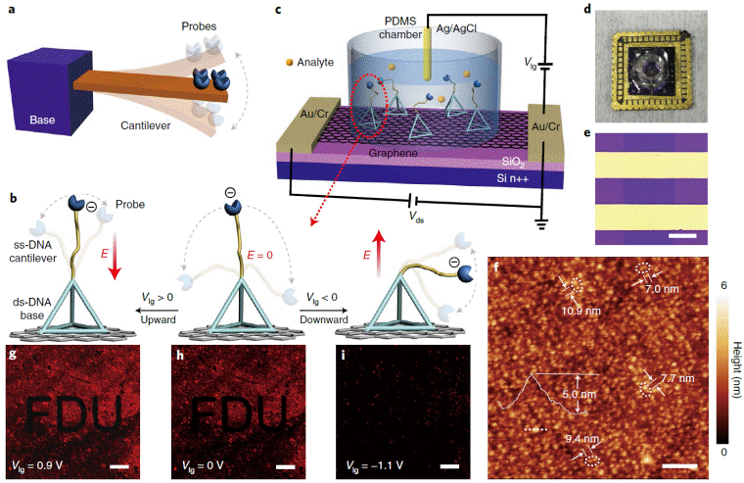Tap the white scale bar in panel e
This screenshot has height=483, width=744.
point(683,235)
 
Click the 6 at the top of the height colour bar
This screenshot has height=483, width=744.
point(726,284)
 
